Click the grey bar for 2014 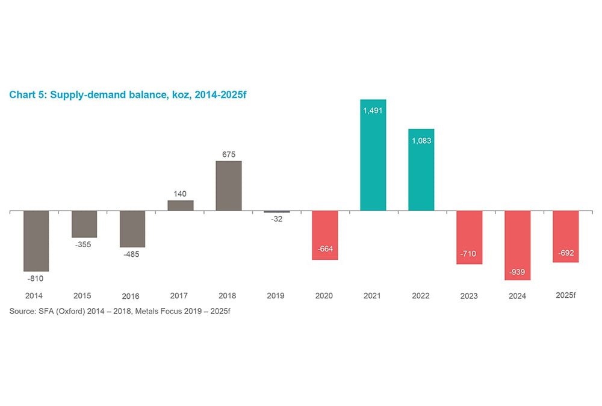tap(36, 241)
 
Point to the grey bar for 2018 tap(229, 186)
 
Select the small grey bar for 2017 tap(181, 205)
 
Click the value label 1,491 tap(373, 111)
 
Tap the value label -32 tap(276, 220)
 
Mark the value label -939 tap(517, 272)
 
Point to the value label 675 tap(229, 153)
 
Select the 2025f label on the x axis tap(565, 295)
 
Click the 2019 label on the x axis tap(276, 296)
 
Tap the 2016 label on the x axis tap(131, 296)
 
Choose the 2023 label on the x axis tap(469, 296)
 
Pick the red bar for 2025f tap(565, 236)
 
